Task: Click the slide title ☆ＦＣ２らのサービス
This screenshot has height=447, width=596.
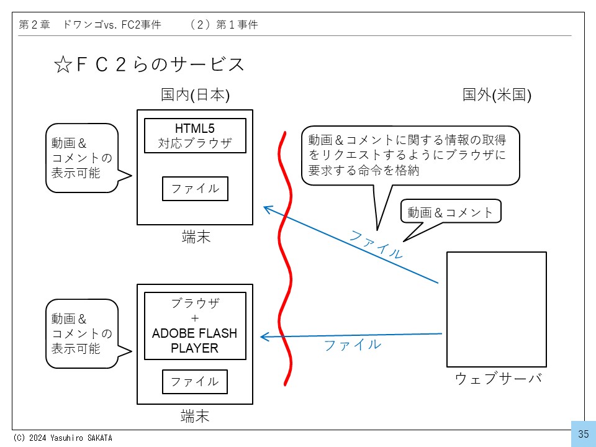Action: [149, 65]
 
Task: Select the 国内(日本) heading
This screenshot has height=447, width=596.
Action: [195, 95]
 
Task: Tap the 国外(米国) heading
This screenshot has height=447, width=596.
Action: [497, 95]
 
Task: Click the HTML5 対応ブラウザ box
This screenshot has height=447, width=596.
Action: [195, 135]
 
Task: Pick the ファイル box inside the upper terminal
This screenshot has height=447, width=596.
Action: [195, 189]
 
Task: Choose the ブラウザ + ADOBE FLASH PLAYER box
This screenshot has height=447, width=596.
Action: [195, 326]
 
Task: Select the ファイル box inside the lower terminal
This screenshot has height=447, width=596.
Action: [195, 381]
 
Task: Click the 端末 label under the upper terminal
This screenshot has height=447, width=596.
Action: [195, 237]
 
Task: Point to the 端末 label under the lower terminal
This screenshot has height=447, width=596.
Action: [195, 415]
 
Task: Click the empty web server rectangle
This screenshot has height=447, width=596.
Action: [497, 309]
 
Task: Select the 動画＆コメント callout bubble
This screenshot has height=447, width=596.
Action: [450, 212]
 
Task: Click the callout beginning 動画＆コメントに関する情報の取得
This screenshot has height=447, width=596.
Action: [410, 155]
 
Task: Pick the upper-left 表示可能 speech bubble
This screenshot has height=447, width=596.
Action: [82, 158]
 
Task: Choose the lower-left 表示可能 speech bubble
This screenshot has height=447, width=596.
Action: [82, 333]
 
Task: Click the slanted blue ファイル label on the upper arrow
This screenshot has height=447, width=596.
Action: [376, 244]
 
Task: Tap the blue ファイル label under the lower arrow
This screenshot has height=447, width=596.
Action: [352, 345]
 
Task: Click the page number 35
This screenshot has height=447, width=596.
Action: [583, 434]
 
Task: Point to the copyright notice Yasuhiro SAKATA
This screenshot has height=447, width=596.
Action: [62, 438]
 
